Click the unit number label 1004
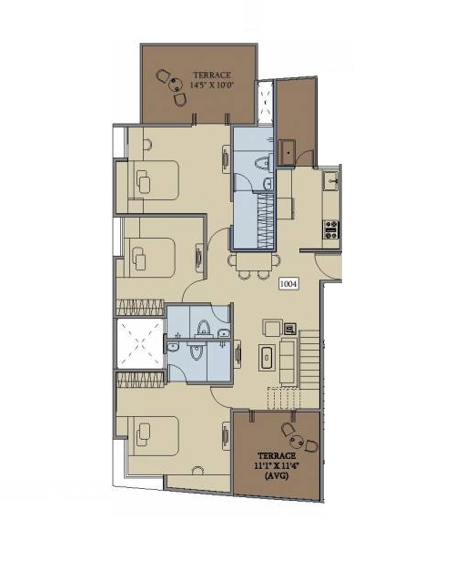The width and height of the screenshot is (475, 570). [288, 283]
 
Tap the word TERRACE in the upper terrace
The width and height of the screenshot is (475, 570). [212, 76]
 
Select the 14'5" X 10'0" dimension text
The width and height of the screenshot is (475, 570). [212, 85]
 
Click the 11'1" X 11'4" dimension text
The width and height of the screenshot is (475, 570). [277, 465]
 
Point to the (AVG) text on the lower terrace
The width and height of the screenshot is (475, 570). [277, 475]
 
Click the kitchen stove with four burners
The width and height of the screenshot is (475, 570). [331, 229]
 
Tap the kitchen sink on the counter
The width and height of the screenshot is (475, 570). [331, 181]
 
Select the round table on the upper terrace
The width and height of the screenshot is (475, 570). [175, 86]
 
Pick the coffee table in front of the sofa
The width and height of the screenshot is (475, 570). [267, 358]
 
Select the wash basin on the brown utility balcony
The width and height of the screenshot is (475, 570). [288, 153]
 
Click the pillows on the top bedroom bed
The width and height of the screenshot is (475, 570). [144, 181]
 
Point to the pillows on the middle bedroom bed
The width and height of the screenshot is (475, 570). [139, 259]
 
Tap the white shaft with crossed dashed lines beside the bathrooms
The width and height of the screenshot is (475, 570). [140, 343]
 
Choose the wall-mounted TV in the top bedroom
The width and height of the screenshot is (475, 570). [226, 158]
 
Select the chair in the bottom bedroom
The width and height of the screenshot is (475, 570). [198, 471]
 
